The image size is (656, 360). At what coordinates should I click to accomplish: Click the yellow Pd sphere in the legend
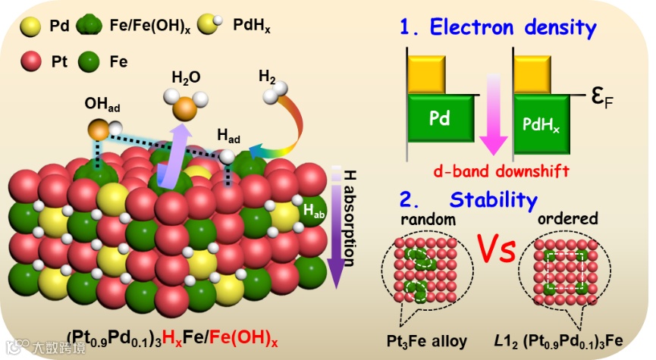click(31, 25)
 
